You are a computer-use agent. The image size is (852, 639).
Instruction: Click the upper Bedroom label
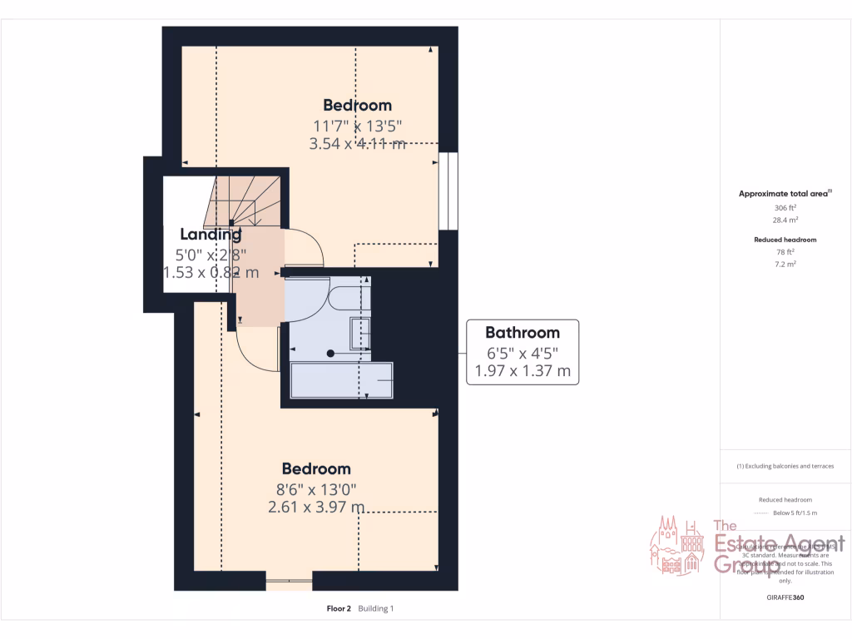357,106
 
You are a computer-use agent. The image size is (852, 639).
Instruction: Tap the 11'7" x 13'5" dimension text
357,126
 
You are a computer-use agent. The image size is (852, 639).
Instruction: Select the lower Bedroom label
315,469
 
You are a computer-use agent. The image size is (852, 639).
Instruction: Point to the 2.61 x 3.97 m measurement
315,506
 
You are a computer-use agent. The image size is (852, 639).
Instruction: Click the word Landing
211,235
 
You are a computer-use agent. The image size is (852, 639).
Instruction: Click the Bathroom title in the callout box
522,333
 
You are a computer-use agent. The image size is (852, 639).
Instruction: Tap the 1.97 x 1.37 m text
522,371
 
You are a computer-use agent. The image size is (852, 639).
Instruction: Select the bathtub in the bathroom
340,380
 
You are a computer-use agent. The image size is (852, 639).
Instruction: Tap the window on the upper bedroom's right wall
448,191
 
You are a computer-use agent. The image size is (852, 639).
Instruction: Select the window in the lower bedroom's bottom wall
289,580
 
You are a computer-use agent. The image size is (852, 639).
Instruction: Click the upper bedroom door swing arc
309,246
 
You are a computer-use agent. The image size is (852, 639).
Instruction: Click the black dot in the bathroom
330,354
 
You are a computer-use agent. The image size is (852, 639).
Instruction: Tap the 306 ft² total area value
785,208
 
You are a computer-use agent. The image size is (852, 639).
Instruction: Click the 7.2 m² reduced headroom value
785,264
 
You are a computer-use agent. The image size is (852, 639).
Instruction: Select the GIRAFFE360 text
785,597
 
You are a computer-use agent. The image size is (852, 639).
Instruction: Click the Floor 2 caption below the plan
339,609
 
